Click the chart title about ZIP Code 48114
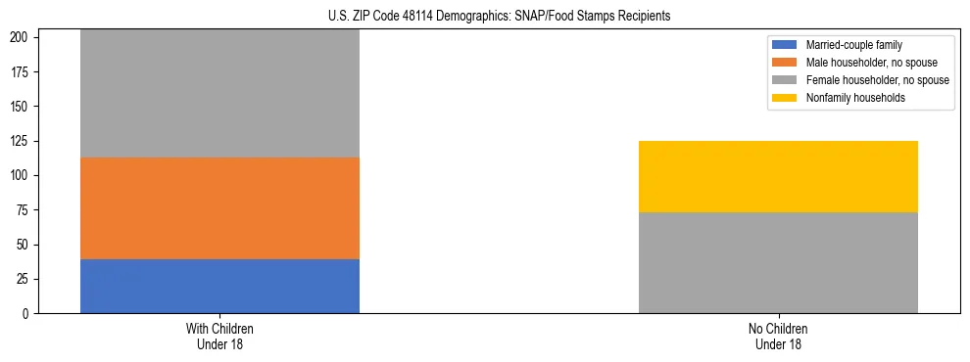point(499,17)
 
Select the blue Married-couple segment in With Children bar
point(219,286)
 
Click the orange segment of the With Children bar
point(219,207)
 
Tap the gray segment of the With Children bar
point(219,94)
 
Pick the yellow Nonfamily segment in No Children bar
point(778,176)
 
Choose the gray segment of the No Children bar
point(778,262)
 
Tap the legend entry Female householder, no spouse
point(877,80)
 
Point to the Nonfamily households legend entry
point(855,98)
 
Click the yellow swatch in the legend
point(786,98)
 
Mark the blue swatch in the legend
point(786,45)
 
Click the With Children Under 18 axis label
point(219,336)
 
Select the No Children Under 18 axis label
point(778,336)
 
